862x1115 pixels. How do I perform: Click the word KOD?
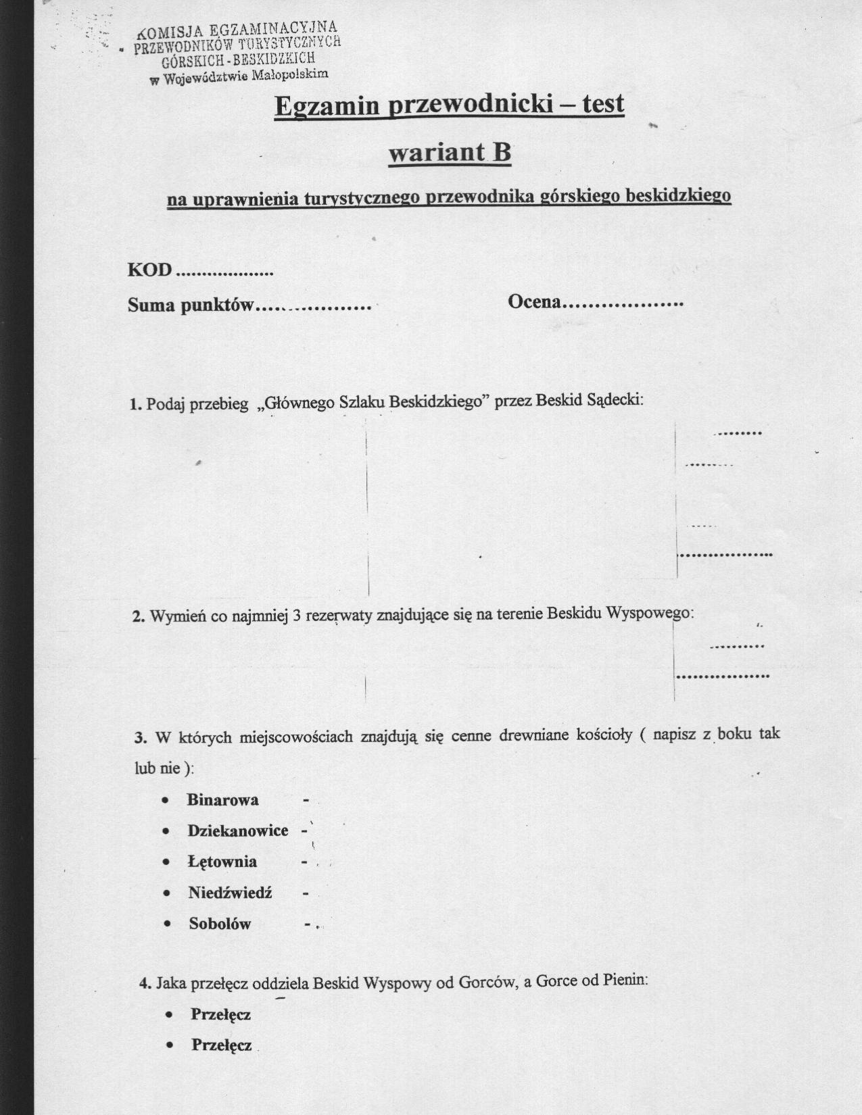pos(149,270)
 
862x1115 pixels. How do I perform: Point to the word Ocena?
pos(533,301)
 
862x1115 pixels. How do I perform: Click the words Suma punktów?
pos(191,305)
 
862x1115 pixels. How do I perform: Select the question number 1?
pos(135,404)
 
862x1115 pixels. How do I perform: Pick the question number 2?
pos(138,616)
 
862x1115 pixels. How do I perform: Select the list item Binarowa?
pos(222,800)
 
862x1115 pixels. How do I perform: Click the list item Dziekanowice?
pos(238,831)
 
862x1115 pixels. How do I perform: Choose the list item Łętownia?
pos(222,862)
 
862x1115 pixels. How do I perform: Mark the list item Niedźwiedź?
pos(230,893)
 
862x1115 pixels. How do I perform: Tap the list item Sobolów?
pos(220,924)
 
